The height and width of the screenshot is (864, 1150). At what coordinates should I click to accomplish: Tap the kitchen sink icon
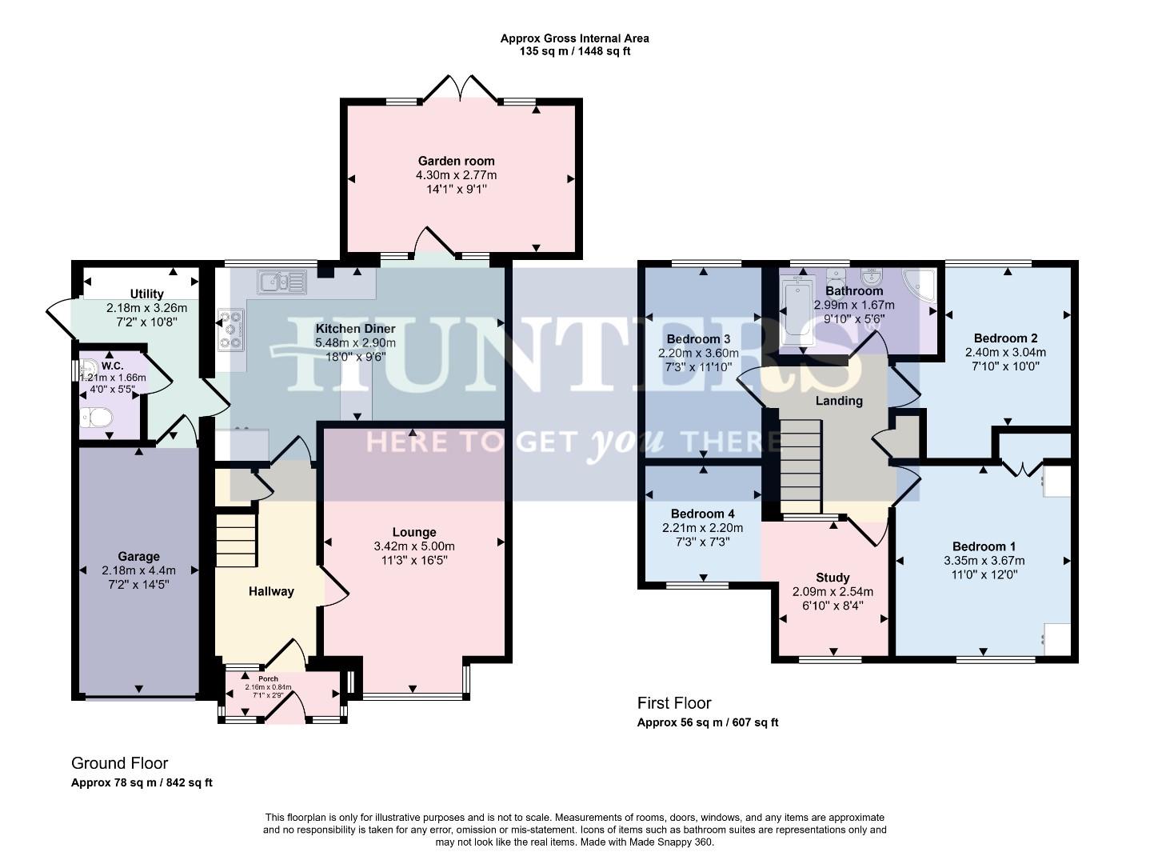point(282,282)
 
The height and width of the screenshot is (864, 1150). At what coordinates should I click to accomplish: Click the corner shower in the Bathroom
point(919,284)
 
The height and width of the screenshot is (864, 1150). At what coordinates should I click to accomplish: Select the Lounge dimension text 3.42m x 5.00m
point(414,546)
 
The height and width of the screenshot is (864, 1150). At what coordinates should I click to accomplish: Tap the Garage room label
point(138,557)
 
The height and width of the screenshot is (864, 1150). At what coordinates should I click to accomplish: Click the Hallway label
point(270,591)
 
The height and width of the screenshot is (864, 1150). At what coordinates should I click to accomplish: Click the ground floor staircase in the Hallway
point(236,540)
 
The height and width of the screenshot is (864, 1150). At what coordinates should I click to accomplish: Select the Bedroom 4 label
point(702,514)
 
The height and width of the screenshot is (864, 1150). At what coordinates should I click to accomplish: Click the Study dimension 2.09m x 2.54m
point(833,592)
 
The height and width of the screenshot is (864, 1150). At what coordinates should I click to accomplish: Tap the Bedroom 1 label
point(984,546)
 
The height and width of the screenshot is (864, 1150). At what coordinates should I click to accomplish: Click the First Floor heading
point(673,703)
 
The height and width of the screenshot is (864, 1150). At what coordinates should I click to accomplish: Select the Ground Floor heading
point(119,763)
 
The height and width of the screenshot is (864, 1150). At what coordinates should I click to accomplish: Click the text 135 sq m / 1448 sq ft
point(574,51)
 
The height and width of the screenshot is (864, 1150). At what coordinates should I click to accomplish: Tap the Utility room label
point(146,294)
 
